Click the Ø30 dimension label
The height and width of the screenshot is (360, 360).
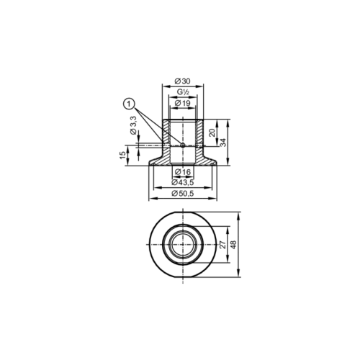click(x=181, y=81)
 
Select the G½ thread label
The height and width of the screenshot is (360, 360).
click(x=182, y=93)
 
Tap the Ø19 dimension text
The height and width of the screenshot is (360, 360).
click(x=182, y=104)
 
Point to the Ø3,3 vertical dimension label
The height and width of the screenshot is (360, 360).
click(x=134, y=130)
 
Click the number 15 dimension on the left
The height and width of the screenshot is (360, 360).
click(x=123, y=154)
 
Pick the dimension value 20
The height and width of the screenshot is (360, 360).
click(x=212, y=132)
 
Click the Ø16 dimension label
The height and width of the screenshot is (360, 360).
click(x=182, y=173)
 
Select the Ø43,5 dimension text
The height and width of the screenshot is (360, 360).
click(x=182, y=183)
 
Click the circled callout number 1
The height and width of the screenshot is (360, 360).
click(x=129, y=104)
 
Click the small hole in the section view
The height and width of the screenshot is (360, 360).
click(x=183, y=145)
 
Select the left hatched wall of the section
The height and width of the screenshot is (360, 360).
click(x=166, y=137)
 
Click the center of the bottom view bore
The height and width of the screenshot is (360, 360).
click(x=182, y=246)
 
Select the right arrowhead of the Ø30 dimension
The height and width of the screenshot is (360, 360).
click(x=203, y=86)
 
